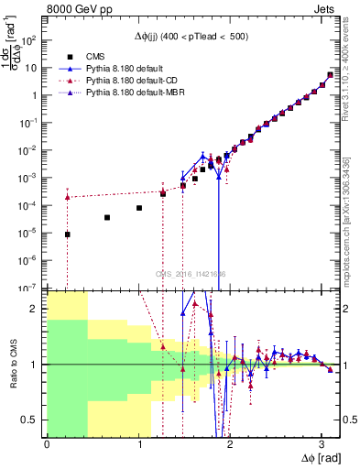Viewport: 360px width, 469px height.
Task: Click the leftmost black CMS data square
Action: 67,234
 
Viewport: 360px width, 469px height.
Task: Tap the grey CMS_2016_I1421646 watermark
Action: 191,274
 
